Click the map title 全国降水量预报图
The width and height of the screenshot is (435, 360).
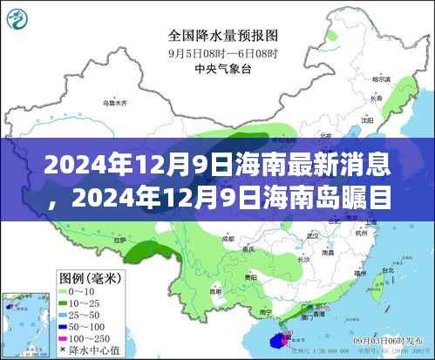[225, 37]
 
